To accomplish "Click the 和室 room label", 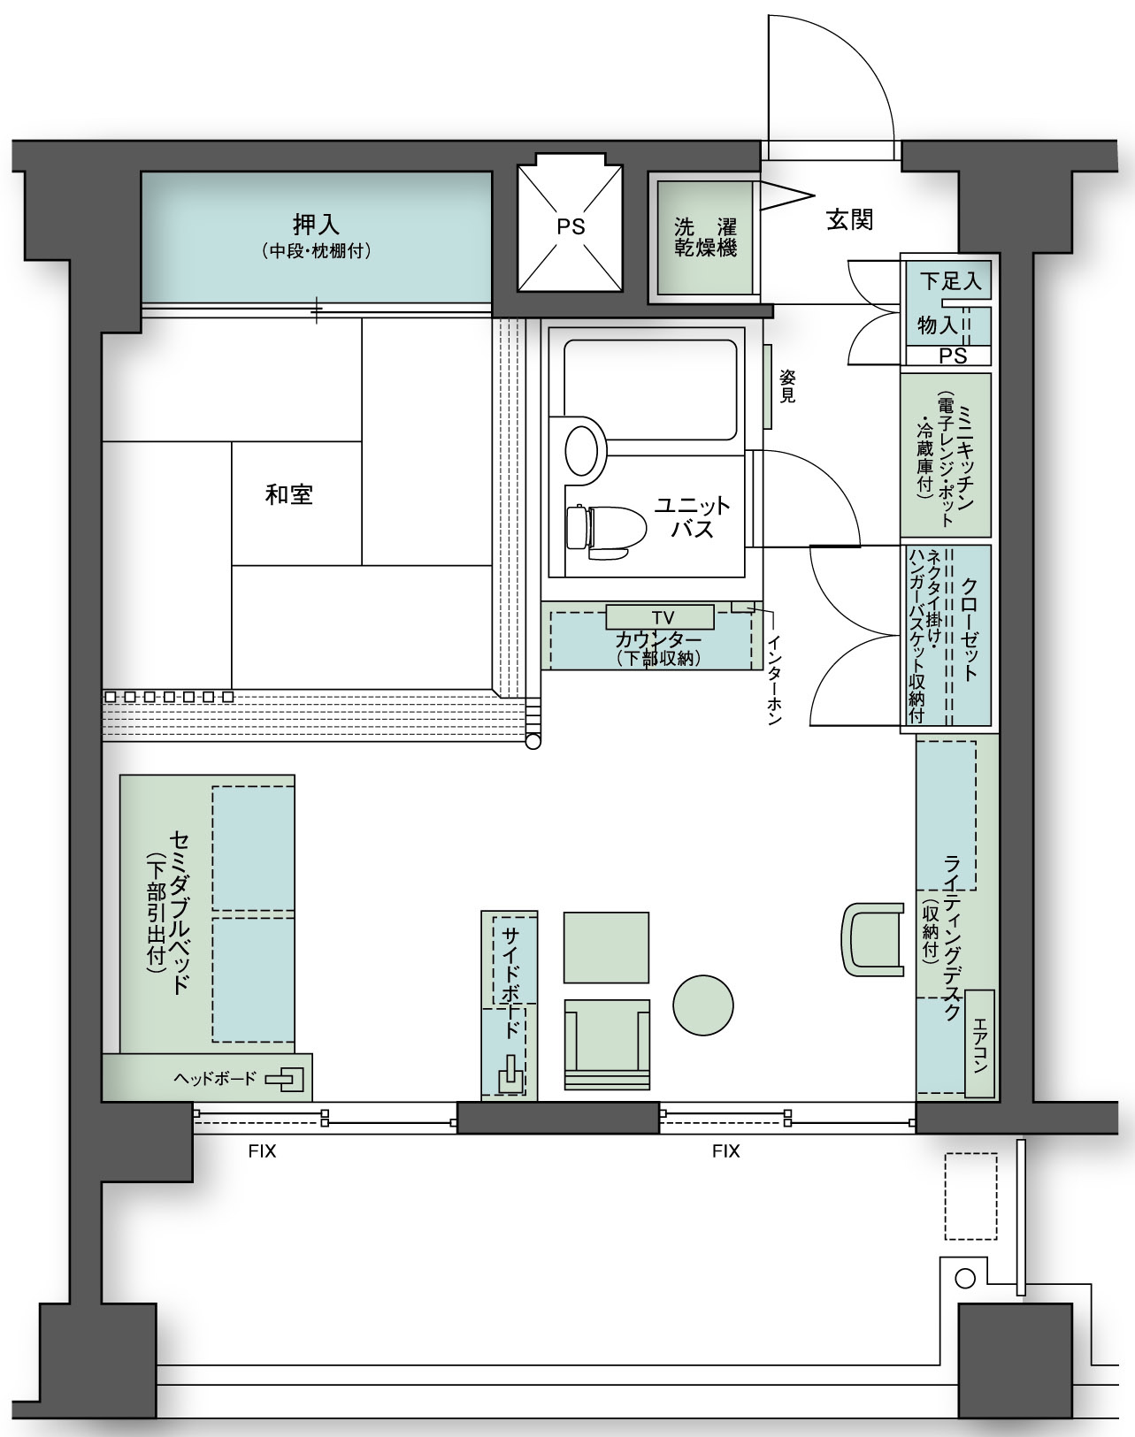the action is [x=289, y=495].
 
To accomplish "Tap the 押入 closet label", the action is [x=315, y=225].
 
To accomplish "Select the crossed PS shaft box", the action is [x=570, y=227].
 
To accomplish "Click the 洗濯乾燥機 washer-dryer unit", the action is [x=705, y=237].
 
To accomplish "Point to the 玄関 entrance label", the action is [x=850, y=219].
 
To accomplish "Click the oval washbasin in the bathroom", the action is [x=581, y=451].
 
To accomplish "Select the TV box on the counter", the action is [x=660, y=617].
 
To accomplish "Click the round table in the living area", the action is [x=702, y=1005].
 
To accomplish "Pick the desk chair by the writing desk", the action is [x=872, y=939].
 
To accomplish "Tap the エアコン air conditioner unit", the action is [x=980, y=1043].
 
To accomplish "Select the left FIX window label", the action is [x=262, y=1151].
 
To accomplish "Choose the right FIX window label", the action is [x=725, y=1151].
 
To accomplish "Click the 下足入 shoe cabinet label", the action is [x=950, y=281].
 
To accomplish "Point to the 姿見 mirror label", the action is [x=787, y=386].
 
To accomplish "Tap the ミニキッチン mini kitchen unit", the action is [x=946, y=455].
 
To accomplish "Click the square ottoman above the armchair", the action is [x=606, y=948].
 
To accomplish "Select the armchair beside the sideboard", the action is [x=607, y=1044].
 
